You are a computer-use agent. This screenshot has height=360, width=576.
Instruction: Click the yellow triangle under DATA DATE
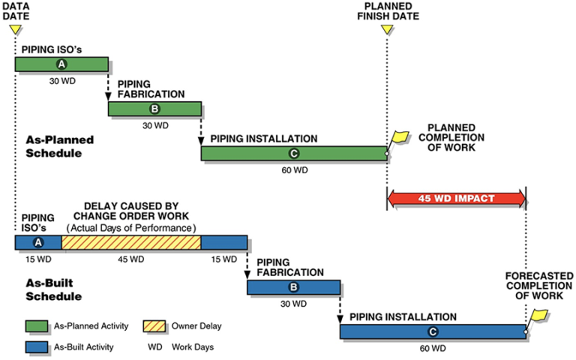tap(16, 29)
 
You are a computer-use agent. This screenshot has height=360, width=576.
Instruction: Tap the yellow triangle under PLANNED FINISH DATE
tap(387, 29)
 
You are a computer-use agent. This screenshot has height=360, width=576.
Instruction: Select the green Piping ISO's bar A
tap(61, 64)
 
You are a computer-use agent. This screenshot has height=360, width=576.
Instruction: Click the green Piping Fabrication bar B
tap(154, 109)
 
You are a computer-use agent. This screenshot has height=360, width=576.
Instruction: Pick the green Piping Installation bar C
tap(294, 154)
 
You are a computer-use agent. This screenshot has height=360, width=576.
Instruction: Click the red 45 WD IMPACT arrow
tap(457, 199)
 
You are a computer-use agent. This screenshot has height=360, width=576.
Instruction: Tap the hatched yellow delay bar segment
tap(131, 243)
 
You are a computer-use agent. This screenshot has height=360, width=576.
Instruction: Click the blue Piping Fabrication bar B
tap(293, 287)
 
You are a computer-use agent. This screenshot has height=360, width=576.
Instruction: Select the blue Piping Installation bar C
tap(433, 331)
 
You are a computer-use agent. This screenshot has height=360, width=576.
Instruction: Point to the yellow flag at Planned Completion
tap(398, 138)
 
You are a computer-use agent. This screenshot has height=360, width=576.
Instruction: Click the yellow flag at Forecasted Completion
tap(538, 316)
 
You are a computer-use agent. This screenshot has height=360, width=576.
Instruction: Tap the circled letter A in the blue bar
tap(38, 243)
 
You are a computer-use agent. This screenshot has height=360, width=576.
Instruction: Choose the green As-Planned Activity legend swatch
tap(36, 326)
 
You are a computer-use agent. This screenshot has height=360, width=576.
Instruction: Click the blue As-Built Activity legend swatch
tap(36, 347)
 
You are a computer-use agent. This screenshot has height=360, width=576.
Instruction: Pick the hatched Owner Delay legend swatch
tap(154, 326)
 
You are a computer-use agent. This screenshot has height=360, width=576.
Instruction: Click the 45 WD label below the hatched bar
tap(131, 259)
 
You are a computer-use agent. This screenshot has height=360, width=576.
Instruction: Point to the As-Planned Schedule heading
tap(59, 146)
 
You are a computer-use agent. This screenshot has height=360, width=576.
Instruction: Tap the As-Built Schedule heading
tap(54, 289)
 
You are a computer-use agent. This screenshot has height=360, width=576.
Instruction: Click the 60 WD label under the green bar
tap(295, 170)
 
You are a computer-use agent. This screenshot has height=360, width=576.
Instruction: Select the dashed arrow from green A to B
tap(108, 86)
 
